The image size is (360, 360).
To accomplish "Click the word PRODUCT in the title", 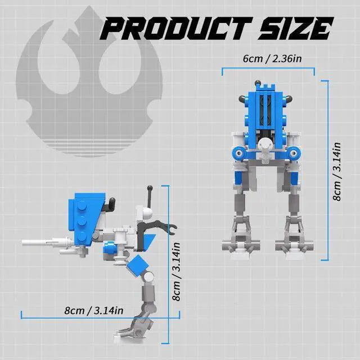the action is pos(177,29).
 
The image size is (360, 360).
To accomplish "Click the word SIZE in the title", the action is pos(295,29).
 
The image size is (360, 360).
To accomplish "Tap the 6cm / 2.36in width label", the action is pos(272,58).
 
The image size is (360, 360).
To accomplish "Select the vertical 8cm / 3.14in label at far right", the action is pos(337,172).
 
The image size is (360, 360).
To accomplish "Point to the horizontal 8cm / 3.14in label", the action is pos(94,310).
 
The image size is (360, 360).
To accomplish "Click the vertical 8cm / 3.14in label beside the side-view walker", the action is pos(177,272).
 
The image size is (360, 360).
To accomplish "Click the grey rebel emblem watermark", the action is pos(89,81).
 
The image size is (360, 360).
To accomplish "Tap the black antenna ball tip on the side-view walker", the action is pos(150,188).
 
